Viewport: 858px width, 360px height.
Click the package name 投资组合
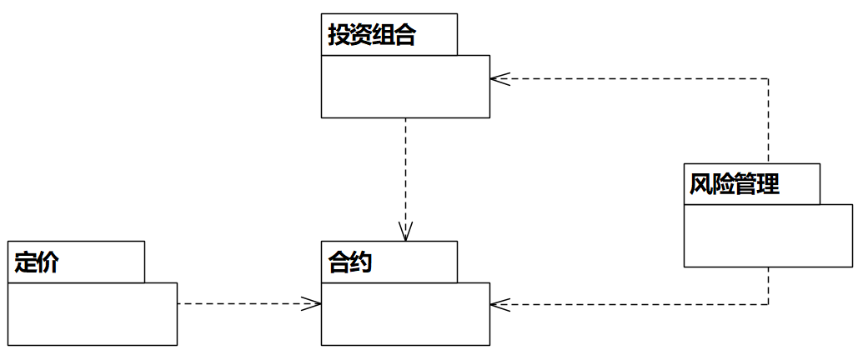pyautogui.click(x=372, y=36)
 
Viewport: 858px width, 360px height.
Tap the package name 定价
pyautogui.click(x=38, y=263)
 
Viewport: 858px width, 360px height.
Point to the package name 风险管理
pyautogui.click(x=735, y=184)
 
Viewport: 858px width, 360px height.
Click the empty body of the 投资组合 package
pyautogui.click(x=405, y=87)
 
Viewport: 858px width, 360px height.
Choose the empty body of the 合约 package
pyautogui.click(x=405, y=314)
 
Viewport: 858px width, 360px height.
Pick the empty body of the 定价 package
pyautogui.click(x=93, y=314)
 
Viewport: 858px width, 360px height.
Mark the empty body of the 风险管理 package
pyautogui.click(x=768, y=236)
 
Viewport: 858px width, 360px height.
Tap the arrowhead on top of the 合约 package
pyautogui.click(x=405, y=234)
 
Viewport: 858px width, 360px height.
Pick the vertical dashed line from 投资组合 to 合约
pyautogui.click(x=405, y=175)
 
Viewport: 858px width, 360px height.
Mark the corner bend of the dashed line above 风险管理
pyautogui.click(x=768, y=79)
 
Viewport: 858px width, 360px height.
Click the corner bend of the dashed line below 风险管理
pyautogui.click(x=768, y=304)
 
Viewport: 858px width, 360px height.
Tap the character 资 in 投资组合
pyautogui.click(x=361, y=36)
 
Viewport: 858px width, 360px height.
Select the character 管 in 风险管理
pyautogui.click(x=745, y=184)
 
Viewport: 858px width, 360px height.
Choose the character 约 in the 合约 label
pyautogui.click(x=361, y=263)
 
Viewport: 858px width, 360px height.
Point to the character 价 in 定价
pyautogui.click(x=48, y=263)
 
